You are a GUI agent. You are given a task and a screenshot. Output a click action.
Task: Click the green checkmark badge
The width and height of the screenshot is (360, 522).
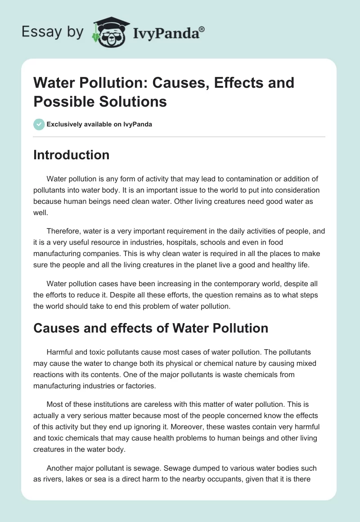click(39, 125)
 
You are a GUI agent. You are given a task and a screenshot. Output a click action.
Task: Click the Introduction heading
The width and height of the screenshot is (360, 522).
click(72, 155)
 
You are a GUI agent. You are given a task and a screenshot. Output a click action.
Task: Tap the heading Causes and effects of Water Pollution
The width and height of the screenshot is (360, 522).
click(151, 328)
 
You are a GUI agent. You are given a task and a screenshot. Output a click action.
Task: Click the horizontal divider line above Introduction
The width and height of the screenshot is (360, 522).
click(179, 136)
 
